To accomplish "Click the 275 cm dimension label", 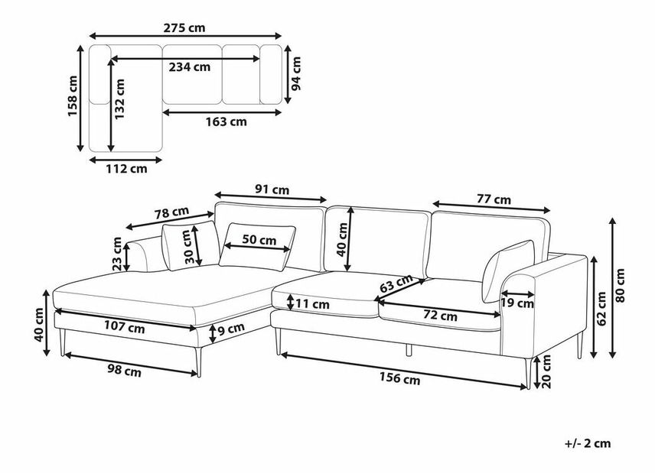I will pyautogui.click(x=184, y=28).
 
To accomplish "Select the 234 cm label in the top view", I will pyautogui.click(x=189, y=66).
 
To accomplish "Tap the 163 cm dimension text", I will pyautogui.click(x=226, y=121).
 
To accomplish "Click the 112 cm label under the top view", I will pyautogui.click(x=126, y=169).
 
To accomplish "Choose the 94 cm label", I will pyautogui.click(x=297, y=74).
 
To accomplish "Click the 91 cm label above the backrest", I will pyautogui.click(x=271, y=189).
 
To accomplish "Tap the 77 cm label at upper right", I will pyautogui.click(x=493, y=199).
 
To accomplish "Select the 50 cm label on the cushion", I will pyautogui.click(x=259, y=239).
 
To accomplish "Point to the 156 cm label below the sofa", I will pyautogui.click(x=401, y=380).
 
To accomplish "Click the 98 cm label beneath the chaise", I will pyautogui.click(x=125, y=372).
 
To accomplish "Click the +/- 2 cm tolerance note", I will pyautogui.click(x=588, y=443).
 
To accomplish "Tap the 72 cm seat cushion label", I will pyautogui.click(x=440, y=315).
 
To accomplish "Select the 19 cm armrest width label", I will pyautogui.click(x=517, y=303).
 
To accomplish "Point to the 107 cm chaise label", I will pyautogui.click(x=125, y=328).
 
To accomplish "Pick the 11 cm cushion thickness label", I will pyautogui.click(x=311, y=304).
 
